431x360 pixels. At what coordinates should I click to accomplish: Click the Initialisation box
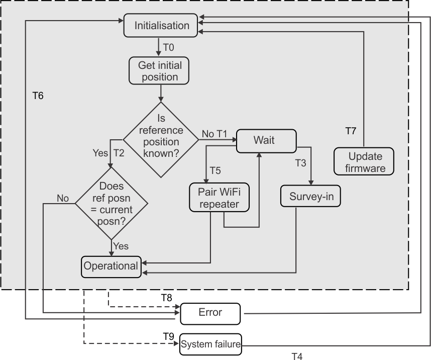[161, 26]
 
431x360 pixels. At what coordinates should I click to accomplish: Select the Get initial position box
[160, 71]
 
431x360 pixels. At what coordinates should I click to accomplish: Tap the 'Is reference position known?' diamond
[161, 139]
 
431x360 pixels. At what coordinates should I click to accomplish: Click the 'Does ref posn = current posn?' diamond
[112, 203]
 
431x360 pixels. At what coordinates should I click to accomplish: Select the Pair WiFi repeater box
[219, 198]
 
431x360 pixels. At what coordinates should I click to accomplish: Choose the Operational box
[111, 265]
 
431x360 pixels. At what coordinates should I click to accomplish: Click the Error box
[210, 313]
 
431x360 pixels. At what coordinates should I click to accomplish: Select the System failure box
[211, 345]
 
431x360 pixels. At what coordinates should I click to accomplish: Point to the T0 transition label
[169, 47]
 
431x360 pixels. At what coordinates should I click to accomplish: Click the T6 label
[38, 96]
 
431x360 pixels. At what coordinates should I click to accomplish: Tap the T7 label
[351, 131]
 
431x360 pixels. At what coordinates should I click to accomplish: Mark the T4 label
[297, 356]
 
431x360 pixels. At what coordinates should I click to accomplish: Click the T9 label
[168, 336]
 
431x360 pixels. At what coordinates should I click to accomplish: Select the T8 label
[166, 297]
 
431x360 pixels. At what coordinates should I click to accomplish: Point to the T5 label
[215, 170]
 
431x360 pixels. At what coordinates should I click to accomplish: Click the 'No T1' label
[214, 134]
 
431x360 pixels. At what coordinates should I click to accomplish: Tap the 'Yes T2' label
[109, 153]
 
